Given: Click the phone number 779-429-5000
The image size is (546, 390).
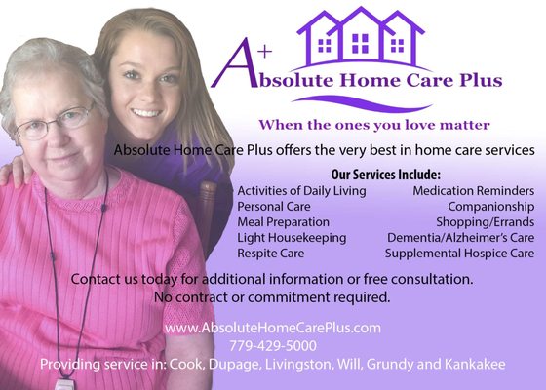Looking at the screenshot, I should point(272,346).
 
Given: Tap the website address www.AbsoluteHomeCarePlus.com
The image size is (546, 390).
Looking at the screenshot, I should point(272,329).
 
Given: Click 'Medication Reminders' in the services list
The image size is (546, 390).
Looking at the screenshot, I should point(473,191).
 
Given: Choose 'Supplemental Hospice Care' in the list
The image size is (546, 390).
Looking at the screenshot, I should point(459,253).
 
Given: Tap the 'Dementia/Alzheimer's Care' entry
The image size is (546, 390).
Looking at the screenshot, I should point(460,238).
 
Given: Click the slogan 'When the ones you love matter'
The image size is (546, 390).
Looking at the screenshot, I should point(373,126).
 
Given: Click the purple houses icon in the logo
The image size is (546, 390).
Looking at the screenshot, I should point(360,36).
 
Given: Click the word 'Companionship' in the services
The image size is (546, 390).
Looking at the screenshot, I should point(490,207).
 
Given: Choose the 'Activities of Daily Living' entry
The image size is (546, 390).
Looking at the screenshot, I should point(301,191).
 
